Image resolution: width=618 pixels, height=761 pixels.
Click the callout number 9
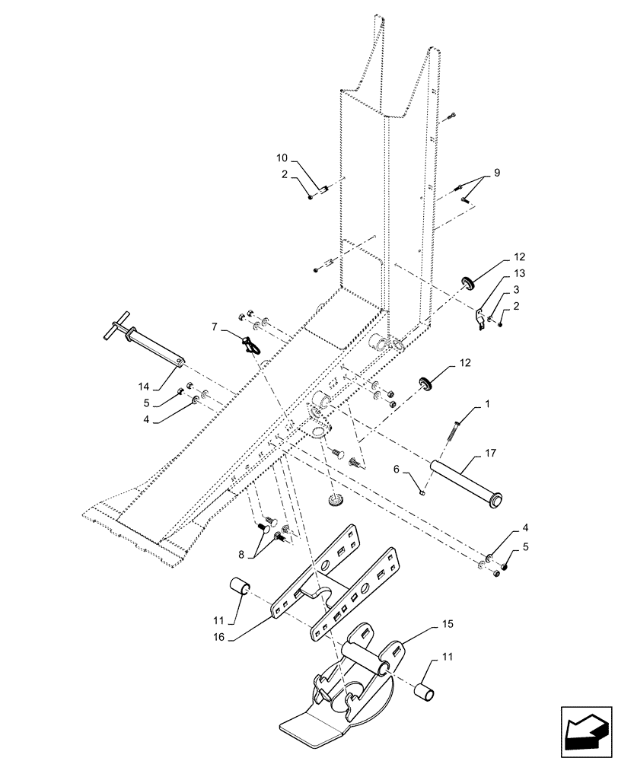point(496,173)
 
